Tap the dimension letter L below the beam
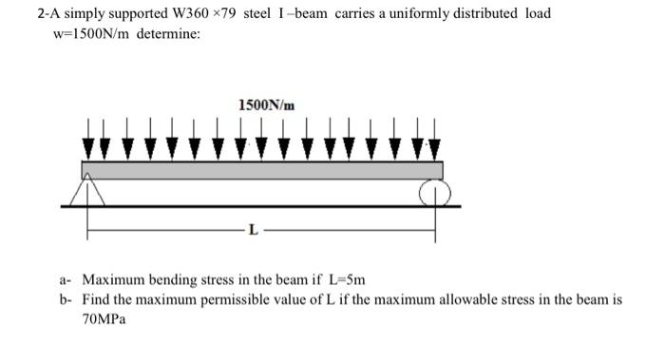[x=251, y=229]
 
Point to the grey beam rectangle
[x=262, y=170]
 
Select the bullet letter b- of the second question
[x=65, y=299]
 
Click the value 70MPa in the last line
[x=104, y=319]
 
